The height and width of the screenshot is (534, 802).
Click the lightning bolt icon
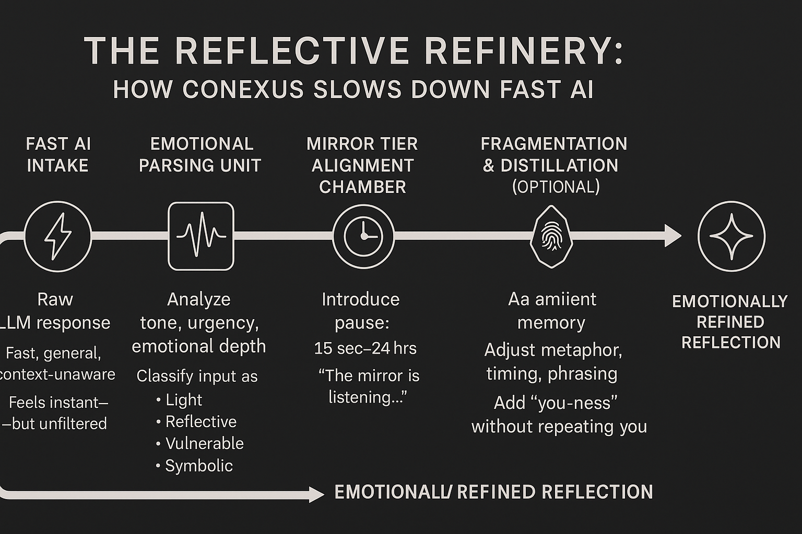point(58,236)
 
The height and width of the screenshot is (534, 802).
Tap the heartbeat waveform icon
point(201,236)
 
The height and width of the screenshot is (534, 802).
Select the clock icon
point(363,236)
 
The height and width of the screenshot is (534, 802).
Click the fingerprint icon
point(551,236)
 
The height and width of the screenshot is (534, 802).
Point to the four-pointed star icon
point(731,236)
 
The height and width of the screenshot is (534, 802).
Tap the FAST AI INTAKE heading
point(58,154)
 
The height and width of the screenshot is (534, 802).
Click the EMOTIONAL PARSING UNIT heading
point(200,154)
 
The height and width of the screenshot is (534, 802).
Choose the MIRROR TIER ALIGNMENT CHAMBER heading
point(362,165)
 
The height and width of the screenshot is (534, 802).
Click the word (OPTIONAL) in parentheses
point(556,187)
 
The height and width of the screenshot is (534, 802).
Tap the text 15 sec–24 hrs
point(365,348)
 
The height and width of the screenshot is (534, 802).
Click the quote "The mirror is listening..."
point(368,386)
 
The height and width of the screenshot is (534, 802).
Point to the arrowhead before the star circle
point(673,236)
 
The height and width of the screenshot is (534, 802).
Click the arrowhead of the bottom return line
point(316,494)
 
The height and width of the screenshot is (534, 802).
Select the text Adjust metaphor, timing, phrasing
point(552,361)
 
